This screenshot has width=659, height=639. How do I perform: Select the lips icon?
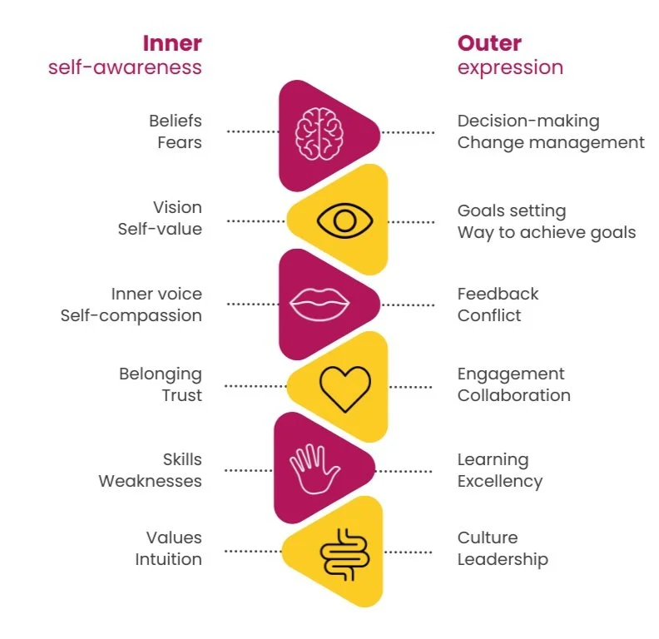click(x=318, y=304)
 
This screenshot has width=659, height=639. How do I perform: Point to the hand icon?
click(x=314, y=468)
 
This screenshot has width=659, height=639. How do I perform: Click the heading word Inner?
click(x=171, y=42)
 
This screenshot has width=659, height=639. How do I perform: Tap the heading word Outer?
click(x=489, y=42)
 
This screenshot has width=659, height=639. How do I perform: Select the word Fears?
click(x=180, y=142)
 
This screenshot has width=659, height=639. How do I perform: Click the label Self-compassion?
click(x=131, y=315)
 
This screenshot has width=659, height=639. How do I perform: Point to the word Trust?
click(x=182, y=395)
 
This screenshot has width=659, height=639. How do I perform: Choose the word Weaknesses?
click(x=151, y=481)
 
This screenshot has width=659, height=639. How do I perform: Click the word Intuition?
click(x=169, y=559)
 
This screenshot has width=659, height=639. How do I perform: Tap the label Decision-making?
click(x=528, y=121)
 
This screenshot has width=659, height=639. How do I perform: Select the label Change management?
click(x=551, y=142)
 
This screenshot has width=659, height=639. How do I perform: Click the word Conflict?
click(x=489, y=315)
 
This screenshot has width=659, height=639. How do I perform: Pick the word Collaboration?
click(x=514, y=395)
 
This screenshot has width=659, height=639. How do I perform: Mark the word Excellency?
click(x=500, y=481)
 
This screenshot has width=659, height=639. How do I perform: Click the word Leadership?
click(x=503, y=559)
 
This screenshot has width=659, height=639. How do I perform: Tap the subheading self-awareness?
click(x=125, y=67)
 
